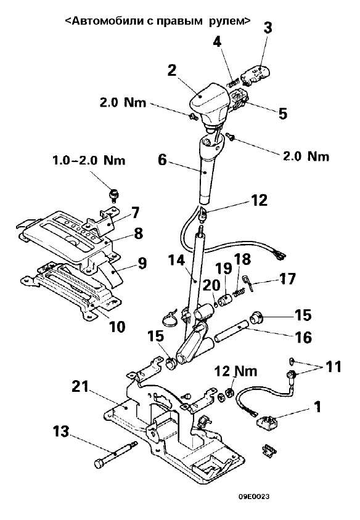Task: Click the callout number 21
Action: pos(80,387)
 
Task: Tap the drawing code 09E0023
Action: pos(255,497)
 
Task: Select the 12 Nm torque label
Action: pos(236,371)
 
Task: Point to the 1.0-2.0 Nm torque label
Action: pos(89,161)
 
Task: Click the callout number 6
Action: pos(162,160)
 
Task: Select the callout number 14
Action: pos(176,261)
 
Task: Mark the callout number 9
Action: pos(141,263)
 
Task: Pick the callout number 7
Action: pos(135,213)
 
